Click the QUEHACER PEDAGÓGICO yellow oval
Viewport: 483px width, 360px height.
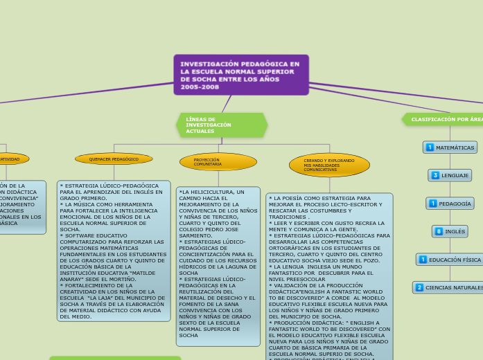pos(114,159)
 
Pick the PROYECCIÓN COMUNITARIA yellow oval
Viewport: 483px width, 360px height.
pos(218,162)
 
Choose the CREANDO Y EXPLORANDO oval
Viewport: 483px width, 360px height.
pos(329,165)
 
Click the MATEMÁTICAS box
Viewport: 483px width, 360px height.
pos(450,147)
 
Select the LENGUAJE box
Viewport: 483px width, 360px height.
pos(450,175)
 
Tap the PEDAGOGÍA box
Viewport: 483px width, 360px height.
pos(450,204)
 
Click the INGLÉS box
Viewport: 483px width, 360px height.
pos(450,231)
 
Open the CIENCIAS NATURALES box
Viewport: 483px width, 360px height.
pos(449,287)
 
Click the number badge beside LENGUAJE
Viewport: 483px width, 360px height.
pos(435,175)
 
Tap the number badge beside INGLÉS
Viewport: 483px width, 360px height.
pos(439,231)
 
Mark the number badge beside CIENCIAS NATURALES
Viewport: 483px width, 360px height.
pos(419,287)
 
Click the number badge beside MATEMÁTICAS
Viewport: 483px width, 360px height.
pos(430,147)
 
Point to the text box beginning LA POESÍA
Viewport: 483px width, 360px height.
pos(330,277)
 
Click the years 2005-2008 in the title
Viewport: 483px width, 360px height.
pos(200,87)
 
